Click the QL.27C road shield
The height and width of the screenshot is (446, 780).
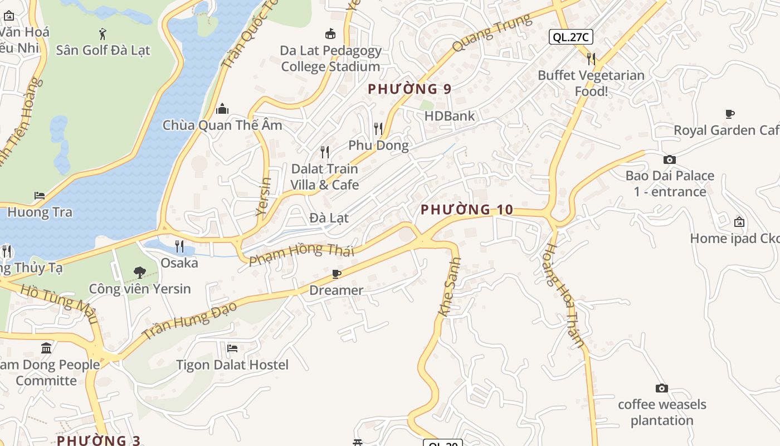pyautogui.click(x=571, y=37)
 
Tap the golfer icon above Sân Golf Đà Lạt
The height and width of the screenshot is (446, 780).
pyautogui.click(x=103, y=34)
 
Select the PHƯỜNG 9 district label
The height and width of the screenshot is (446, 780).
pyautogui.click(x=409, y=89)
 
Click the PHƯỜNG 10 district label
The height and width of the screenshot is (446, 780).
pyautogui.click(x=466, y=210)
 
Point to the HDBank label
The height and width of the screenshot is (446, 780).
pyautogui.click(x=449, y=116)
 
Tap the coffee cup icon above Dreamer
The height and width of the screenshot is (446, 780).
pyautogui.click(x=336, y=274)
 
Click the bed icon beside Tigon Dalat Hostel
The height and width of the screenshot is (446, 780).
pyautogui.click(x=232, y=348)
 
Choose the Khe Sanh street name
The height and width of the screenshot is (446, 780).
pyautogui.click(x=450, y=287)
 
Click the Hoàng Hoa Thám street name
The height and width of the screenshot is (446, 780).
pyautogui.click(x=564, y=295)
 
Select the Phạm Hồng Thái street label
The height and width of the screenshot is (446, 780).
pyautogui.click(x=301, y=254)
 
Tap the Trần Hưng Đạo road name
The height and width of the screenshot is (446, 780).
pyautogui.click(x=189, y=320)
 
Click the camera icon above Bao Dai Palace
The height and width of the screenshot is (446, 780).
pyautogui.click(x=670, y=160)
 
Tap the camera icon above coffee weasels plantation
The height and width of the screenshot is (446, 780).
pyautogui.click(x=661, y=389)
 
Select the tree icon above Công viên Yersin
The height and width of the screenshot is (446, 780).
pyautogui.click(x=139, y=273)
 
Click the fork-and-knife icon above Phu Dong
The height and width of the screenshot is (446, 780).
pyautogui.click(x=378, y=129)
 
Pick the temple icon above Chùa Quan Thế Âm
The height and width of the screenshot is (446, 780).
pyautogui.click(x=222, y=108)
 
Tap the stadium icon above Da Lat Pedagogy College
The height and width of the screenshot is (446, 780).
pyautogui.click(x=330, y=34)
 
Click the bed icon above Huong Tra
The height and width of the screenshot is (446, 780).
pyautogui.click(x=40, y=196)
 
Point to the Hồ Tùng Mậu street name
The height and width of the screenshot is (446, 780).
pyautogui.click(x=59, y=304)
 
